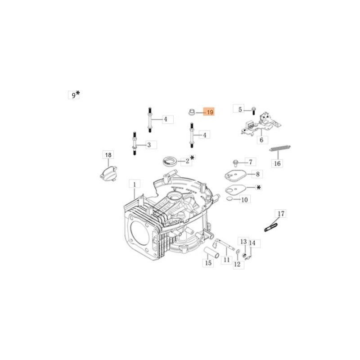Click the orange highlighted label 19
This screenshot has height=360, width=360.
click(x=209, y=112)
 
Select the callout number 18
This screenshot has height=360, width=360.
click(x=108, y=155)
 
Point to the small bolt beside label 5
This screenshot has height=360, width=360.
click(x=253, y=110)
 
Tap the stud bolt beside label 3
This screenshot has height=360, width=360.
click(x=135, y=143)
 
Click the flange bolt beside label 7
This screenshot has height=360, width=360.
click(x=235, y=163)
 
